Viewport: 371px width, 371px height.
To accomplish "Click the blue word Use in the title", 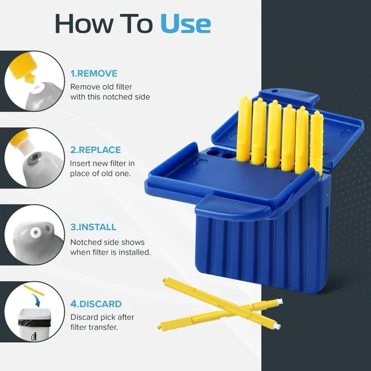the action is point(185,24).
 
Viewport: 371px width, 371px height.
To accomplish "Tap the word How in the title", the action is point(84,24).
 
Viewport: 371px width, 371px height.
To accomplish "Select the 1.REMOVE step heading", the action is point(94,74).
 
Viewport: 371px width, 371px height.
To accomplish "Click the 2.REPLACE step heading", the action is point(96,150).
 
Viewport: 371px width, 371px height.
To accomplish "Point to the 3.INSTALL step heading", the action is point(93,227).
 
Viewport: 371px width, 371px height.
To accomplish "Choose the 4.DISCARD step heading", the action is point(96,304).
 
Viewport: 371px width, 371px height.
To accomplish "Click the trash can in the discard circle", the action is point(35,324).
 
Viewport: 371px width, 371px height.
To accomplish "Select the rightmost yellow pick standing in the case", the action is point(317,143).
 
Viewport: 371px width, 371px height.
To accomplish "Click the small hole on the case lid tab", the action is point(274,91).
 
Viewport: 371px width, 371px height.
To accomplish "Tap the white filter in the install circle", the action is point(35,232).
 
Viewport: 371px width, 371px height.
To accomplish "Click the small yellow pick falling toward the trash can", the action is point(34,290).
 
